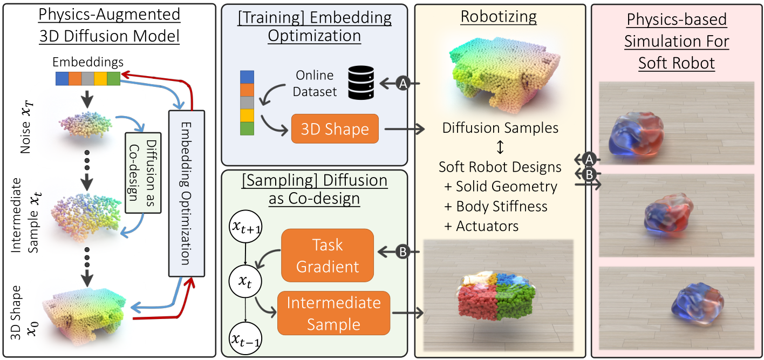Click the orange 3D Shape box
tap(335, 128)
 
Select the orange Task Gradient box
tap(328, 255)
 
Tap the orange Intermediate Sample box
tap(333, 313)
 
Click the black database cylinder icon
tap(361, 83)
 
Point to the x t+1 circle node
tap(245, 226)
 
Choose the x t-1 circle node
tap(245, 338)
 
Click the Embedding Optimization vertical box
tap(187, 193)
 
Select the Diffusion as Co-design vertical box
tap(144, 173)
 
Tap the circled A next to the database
tap(403, 83)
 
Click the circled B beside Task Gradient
tap(403, 252)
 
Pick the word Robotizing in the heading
tap(499, 16)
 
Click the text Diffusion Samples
tap(500, 128)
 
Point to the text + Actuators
tap(481, 226)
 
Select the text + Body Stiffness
tap(496, 206)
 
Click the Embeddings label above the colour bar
tap(87, 62)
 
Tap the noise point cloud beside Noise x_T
tap(85, 125)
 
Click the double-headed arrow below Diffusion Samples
tap(500, 147)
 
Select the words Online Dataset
tap(315, 83)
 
